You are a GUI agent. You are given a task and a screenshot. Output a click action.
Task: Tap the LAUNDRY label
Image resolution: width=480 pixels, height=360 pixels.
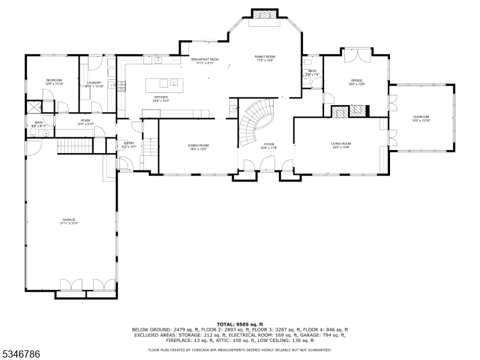pyautogui.click(x=94, y=83)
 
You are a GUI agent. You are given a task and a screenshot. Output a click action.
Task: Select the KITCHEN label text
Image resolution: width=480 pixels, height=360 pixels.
pyautogui.click(x=161, y=97)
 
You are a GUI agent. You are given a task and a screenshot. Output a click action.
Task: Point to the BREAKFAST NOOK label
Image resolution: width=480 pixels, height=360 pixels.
pyautogui.click(x=205, y=60)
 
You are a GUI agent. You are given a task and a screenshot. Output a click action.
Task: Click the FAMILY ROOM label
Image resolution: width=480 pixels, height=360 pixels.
pyautogui.click(x=265, y=56)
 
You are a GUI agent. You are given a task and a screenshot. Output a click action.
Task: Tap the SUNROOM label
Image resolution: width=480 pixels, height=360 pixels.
pyautogui.click(x=421, y=117)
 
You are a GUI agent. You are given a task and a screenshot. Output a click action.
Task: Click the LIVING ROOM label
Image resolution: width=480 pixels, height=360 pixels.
pyautogui.click(x=341, y=144)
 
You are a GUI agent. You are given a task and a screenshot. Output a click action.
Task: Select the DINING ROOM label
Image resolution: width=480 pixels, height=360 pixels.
pyautogui.click(x=199, y=145)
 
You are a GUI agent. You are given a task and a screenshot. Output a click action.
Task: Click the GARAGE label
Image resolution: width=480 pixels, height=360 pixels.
pyautogui.click(x=69, y=220)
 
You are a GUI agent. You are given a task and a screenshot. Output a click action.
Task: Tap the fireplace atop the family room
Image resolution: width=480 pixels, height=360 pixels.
pyautogui.click(x=265, y=15)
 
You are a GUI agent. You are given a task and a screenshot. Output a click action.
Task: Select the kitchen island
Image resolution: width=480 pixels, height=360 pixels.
pyautogui.click(x=165, y=82)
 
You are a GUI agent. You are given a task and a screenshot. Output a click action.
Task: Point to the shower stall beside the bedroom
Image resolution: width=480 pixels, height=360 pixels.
pyautogui.click(x=32, y=108)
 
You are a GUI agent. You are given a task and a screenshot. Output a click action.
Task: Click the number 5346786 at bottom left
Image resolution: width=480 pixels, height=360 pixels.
pyautogui.click(x=20, y=355)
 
